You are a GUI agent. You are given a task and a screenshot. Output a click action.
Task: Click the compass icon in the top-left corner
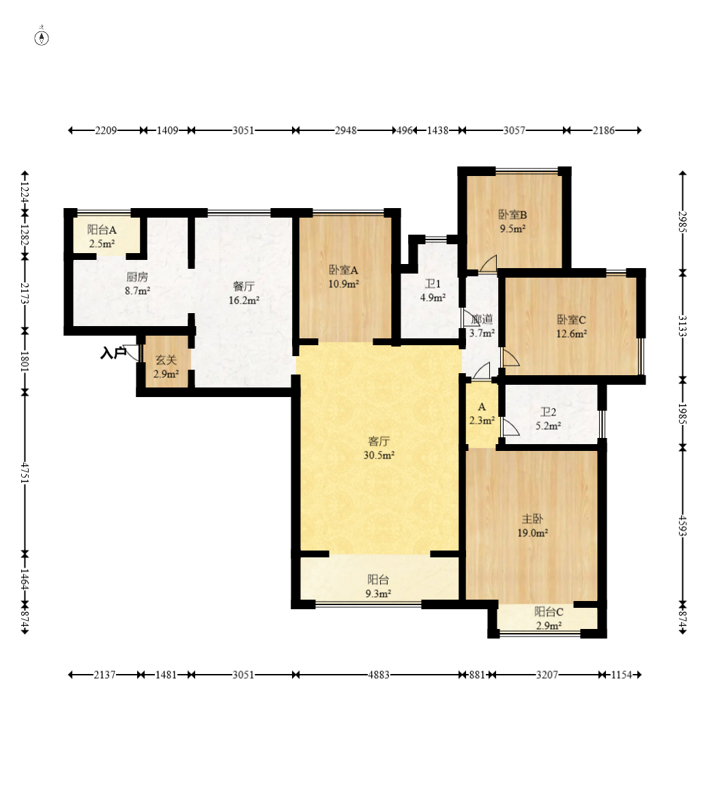tap(42, 38)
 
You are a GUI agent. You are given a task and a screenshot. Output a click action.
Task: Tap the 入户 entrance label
tap(113, 353)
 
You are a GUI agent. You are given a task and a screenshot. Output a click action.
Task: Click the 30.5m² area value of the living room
tap(379, 456)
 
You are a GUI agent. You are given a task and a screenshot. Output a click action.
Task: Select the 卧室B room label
tap(513, 215)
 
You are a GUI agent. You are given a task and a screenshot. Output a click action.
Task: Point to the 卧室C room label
tap(571, 320)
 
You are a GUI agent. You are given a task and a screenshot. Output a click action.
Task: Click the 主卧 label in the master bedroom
tap(532, 519)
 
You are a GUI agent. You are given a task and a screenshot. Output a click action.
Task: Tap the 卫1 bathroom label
tap(433, 284)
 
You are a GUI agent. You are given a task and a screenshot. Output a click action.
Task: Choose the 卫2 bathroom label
tap(549, 412)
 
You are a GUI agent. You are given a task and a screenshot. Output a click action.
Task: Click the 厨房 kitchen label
tap(137, 277)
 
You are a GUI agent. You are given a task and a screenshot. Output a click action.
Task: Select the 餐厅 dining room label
tap(244, 287)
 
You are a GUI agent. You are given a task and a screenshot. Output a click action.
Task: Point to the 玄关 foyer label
tap(166, 360)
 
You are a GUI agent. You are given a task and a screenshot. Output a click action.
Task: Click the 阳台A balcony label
tap(102, 230)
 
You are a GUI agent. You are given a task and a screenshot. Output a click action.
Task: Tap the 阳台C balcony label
tap(549, 612)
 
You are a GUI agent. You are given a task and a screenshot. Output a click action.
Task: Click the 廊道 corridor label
tap(482, 320)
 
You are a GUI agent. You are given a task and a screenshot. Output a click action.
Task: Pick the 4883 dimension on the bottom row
tap(379, 675)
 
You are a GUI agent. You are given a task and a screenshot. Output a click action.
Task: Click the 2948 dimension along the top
tap(346, 130)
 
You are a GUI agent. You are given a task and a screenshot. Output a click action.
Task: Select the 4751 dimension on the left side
tap(25, 473)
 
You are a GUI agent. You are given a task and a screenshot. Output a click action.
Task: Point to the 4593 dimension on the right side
tap(683, 526)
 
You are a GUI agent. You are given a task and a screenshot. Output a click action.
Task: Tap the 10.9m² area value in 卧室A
tap(343, 284)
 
